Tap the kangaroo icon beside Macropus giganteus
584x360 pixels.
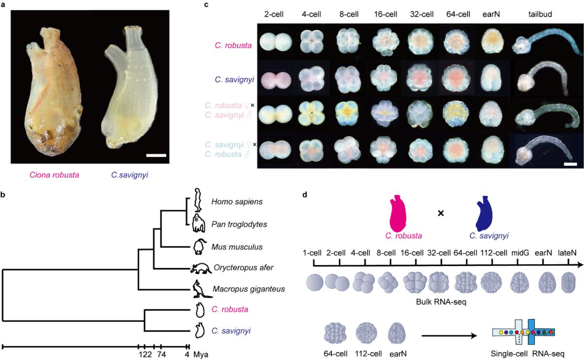[199, 289]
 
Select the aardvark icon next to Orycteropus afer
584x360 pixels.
[202, 268]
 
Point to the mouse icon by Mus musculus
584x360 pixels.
[199, 246]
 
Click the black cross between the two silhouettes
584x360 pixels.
[441, 214]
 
